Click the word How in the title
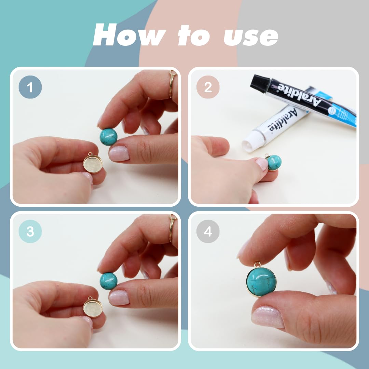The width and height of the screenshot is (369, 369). (128, 35)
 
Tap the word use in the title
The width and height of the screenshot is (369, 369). (251, 37)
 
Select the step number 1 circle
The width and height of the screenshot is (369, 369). (30, 87)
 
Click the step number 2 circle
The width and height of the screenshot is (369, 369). (208, 87)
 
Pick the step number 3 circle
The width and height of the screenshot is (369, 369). (30, 231)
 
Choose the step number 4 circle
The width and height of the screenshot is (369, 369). (208, 231)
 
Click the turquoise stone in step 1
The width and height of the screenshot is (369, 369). (109, 137)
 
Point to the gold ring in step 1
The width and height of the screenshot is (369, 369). (173, 84)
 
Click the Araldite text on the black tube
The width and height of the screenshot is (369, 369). (300, 95)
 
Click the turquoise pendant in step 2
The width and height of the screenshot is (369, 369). (273, 162)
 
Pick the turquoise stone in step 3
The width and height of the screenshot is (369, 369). (109, 281)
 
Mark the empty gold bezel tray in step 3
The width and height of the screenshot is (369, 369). (93, 307)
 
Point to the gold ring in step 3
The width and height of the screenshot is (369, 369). (173, 228)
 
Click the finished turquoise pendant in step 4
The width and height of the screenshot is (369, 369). (261, 282)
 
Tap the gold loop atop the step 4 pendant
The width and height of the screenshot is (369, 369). (258, 265)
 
